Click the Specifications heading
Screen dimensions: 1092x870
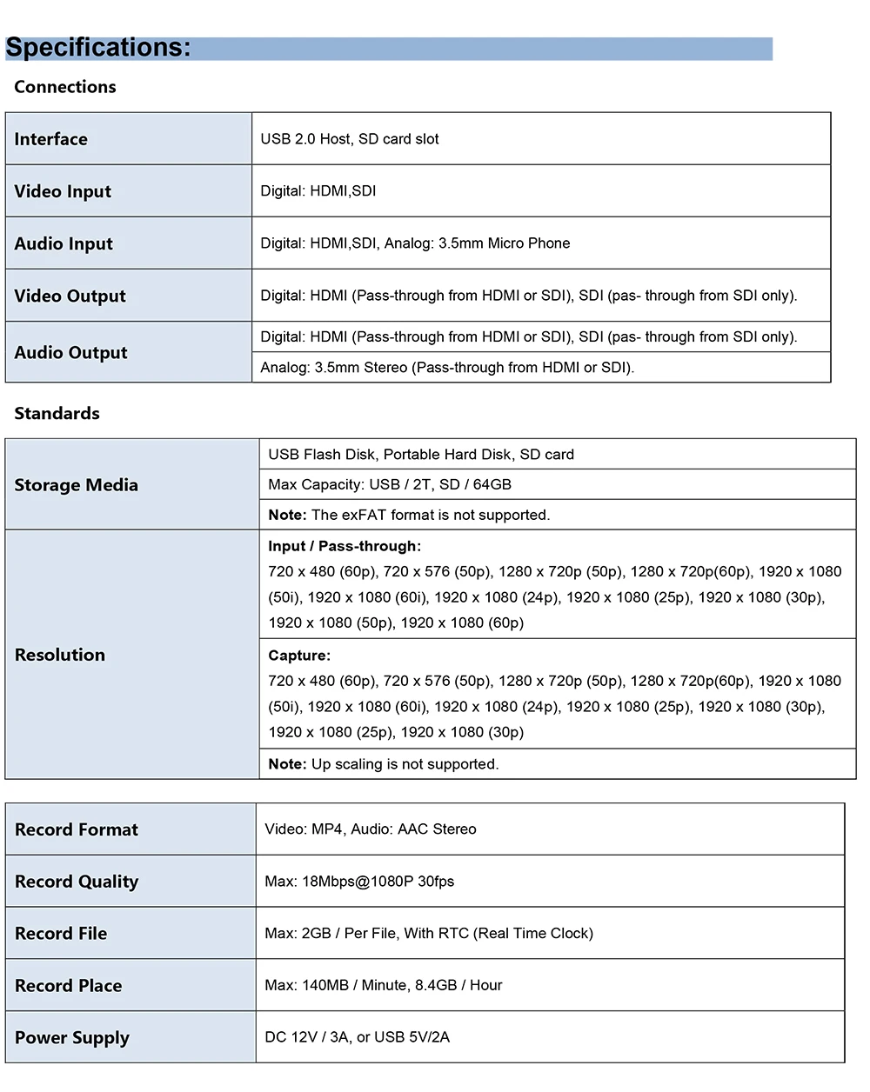coord(98,47)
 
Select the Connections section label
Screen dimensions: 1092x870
coord(65,87)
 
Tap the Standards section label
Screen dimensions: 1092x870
coord(57,414)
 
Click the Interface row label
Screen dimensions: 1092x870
coord(51,139)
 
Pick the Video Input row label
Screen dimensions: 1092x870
coord(63,191)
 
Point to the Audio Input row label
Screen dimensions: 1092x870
coord(64,243)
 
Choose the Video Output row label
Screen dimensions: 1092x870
coord(70,296)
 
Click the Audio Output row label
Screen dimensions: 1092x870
coord(70,352)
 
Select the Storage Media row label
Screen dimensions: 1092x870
coord(77,485)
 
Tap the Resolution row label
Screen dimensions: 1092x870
coord(60,655)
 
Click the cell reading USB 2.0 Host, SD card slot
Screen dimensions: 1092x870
coord(350,139)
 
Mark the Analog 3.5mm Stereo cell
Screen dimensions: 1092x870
coord(447,368)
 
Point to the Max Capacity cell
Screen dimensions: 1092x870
coord(390,484)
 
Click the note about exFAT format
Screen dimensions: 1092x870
coord(409,515)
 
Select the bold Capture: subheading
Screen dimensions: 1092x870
coord(299,656)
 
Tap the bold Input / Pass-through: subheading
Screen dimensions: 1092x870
coord(345,546)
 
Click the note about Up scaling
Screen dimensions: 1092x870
coord(384,764)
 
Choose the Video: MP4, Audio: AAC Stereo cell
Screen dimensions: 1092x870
coord(371,829)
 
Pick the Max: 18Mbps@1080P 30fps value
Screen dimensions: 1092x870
coord(359,882)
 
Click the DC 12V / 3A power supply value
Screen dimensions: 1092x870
coord(358,1037)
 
